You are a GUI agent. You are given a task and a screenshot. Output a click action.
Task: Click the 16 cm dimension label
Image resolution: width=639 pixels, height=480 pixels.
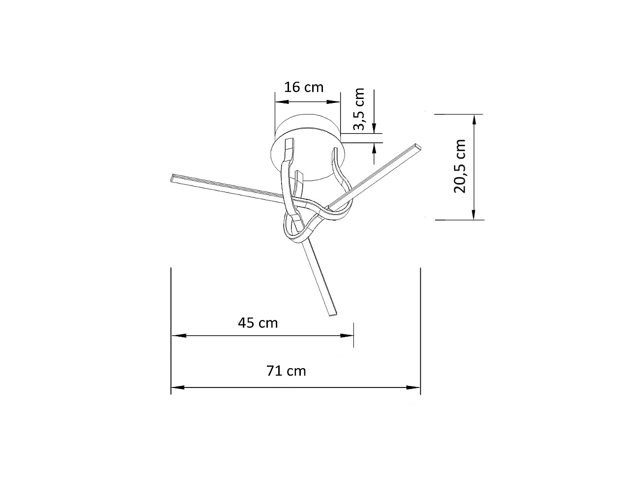point(304,87)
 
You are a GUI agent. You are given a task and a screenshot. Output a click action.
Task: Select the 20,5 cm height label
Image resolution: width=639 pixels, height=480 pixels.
point(460,166)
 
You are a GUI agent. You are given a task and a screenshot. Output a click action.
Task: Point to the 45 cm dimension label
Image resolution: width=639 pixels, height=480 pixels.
point(258,323)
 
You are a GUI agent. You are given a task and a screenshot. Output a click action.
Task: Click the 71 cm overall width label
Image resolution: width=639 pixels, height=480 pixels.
point(286,371)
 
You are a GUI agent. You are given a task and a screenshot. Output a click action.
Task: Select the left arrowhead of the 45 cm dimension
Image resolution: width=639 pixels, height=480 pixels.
point(177,336)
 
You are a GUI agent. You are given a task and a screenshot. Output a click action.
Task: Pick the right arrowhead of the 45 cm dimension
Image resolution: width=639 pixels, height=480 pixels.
point(348,336)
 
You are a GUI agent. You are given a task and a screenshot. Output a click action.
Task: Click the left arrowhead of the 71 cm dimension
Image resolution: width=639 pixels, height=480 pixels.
point(177,387)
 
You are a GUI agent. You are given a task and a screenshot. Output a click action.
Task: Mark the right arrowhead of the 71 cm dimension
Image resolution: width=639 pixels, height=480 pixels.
point(414,387)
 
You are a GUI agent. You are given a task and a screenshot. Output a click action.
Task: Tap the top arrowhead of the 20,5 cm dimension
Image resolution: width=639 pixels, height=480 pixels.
point(474,120)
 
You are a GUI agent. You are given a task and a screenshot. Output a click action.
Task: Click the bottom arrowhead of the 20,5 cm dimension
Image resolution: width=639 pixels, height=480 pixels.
point(474,213)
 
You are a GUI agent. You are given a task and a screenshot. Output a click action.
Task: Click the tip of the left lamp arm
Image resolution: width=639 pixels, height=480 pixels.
point(173,178)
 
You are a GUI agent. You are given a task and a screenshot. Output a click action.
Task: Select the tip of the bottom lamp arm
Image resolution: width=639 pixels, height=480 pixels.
point(333,313)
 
